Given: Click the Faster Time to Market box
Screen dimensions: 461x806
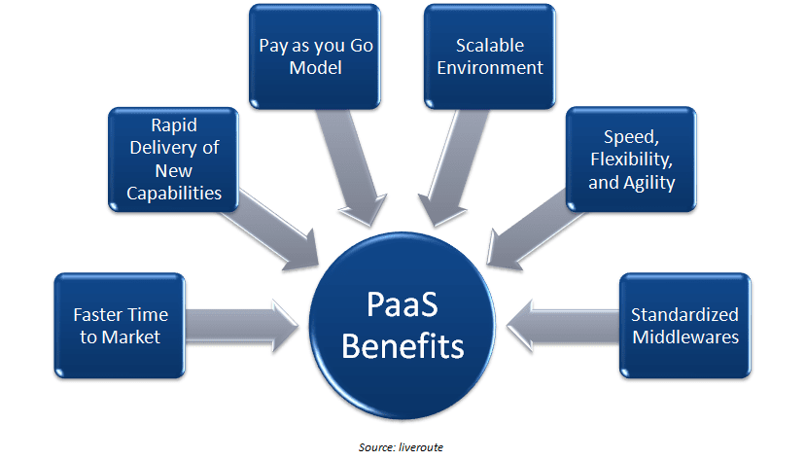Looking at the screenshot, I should pos(121,326).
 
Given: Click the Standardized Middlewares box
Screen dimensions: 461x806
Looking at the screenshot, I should pos(683,326).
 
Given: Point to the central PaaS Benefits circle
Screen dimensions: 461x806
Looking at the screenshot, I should pos(403,321).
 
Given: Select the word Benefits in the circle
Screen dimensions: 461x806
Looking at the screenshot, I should pos(403,344).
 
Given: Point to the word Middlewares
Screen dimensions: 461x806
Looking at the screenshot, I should pos(684,337).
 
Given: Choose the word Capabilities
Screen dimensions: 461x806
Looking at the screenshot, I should pos(174,193).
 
